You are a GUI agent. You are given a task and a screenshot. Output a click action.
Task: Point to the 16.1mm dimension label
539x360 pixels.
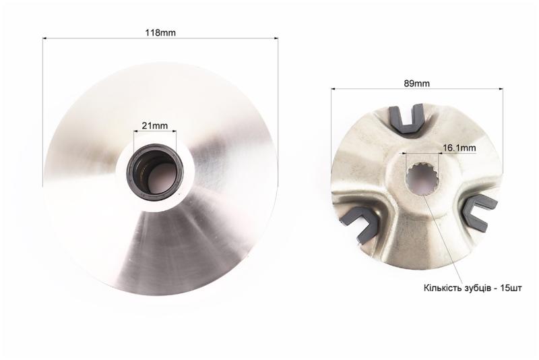[x=459, y=148]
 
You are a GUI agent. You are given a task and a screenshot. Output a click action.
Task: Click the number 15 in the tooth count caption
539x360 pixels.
[x=505, y=288]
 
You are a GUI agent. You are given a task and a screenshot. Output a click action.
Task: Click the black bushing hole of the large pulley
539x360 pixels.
[x=155, y=171]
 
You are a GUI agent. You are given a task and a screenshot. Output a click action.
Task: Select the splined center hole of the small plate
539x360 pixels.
[x=422, y=179]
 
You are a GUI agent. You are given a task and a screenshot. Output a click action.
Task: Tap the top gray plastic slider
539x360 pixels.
[x=406, y=119]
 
